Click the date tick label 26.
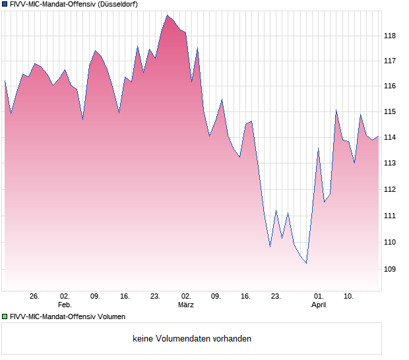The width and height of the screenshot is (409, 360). tap(35, 297)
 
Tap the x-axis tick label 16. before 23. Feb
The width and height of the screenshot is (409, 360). tap(125, 297)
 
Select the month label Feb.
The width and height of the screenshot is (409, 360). tap(64, 305)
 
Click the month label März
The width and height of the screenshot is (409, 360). tap(186, 305)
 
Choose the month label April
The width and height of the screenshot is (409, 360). tap(319, 305)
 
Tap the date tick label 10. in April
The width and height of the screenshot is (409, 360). tap(350, 297)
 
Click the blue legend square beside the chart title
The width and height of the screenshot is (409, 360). tap(5, 4)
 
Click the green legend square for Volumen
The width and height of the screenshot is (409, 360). tap(5, 316)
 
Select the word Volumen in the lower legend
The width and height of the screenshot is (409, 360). tap(109, 316)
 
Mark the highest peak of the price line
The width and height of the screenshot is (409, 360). tap(168, 15)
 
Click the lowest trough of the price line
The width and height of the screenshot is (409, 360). tap(306, 263)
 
